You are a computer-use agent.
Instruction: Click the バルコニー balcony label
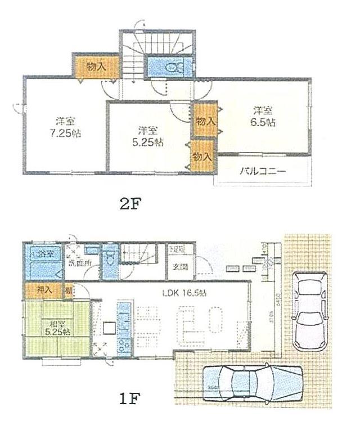263,171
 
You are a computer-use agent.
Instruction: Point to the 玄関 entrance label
179,266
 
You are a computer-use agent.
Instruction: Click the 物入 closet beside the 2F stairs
96,66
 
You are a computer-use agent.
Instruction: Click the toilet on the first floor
110,259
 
